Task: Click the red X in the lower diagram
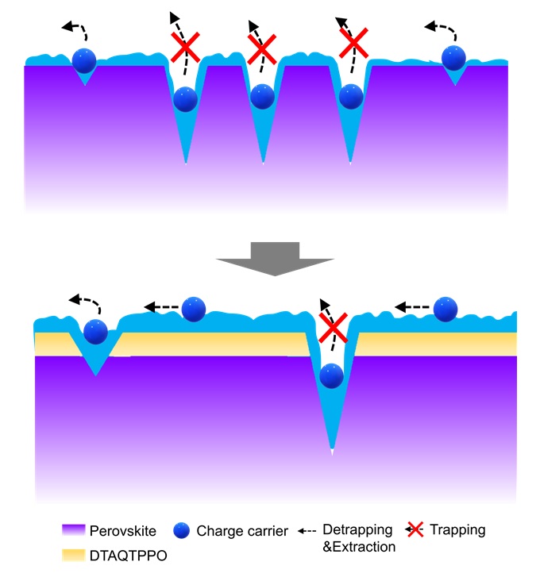[334, 326]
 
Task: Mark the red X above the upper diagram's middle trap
[262, 52]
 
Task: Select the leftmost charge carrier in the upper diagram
[84, 60]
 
